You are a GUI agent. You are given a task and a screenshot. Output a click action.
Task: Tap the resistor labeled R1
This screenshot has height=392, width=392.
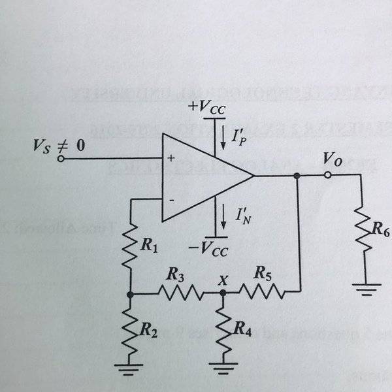[x=131, y=243]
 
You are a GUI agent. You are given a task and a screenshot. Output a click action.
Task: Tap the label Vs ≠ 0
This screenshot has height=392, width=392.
[x=58, y=145]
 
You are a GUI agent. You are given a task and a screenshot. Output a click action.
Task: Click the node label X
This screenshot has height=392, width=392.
[x=223, y=280]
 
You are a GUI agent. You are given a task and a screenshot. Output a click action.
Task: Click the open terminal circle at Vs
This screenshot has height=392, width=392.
[x=61, y=158]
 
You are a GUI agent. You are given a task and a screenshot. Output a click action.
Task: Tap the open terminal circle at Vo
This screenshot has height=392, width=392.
[x=329, y=175]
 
